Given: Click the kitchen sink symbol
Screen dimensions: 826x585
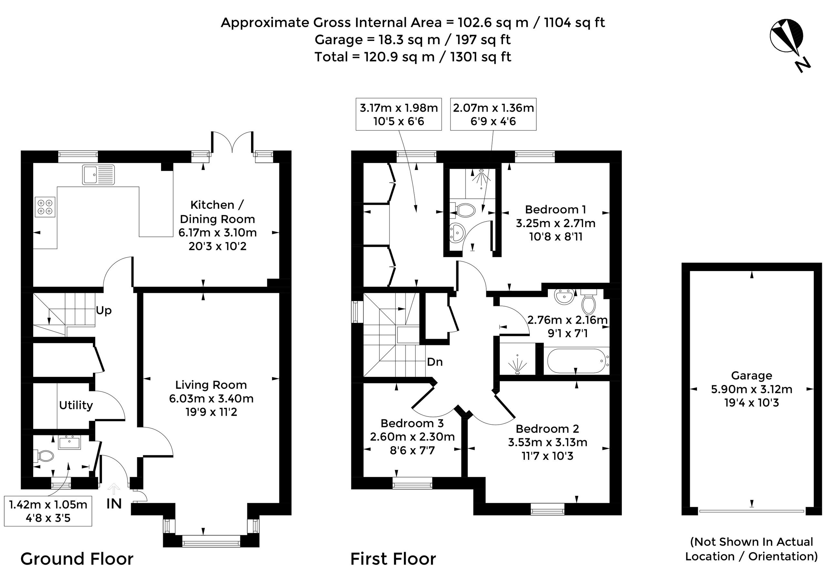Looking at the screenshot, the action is pyautogui.click(x=98, y=175).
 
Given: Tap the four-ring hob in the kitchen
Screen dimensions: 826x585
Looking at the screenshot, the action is pyautogui.click(x=45, y=207).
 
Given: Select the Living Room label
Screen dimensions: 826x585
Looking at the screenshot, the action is pyautogui.click(x=211, y=385).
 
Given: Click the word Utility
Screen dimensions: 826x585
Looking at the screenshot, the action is pyautogui.click(x=76, y=405).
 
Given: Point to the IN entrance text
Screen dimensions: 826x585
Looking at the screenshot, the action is pyautogui.click(x=114, y=504).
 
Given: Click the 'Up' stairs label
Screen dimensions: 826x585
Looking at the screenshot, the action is pyautogui.click(x=104, y=310).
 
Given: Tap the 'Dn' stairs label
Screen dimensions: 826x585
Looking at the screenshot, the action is pyautogui.click(x=435, y=362).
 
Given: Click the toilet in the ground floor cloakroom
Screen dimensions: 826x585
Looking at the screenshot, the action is pyautogui.click(x=44, y=456).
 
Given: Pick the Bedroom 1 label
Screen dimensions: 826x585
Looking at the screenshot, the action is pyautogui.click(x=556, y=210).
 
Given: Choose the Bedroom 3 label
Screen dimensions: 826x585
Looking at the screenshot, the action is pyautogui.click(x=412, y=423).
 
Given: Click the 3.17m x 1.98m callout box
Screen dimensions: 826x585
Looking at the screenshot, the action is pyautogui.click(x=398, y=114).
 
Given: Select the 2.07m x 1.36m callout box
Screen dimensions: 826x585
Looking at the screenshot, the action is pyautogui.click(x=493, y=114).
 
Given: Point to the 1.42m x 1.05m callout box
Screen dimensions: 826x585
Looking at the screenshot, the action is pyautogui.click(x=48, y=511).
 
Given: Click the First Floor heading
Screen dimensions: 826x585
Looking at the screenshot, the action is pyautogui.click(x=393, y=559).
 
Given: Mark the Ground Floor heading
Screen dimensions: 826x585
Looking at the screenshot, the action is pyautogui.click(x=77, y=559).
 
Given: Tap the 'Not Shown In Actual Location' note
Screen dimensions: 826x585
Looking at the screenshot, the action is pyautogui.click(x=751, y=549).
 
